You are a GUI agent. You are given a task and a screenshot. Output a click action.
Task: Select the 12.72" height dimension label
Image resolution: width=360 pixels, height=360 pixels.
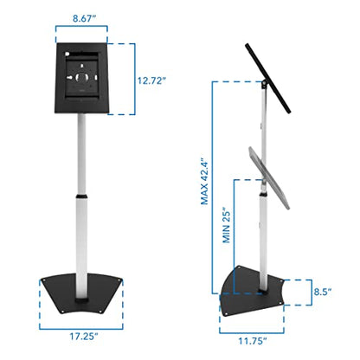pos(155,80)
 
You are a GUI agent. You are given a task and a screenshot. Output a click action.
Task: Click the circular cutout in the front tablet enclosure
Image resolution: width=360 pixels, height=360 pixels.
pos(81,79)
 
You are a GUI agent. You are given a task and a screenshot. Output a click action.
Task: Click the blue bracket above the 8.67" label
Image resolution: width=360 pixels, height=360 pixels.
pos(81,31)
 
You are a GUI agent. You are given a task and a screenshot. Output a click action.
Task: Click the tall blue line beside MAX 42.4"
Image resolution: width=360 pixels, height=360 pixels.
pos(214,190)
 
